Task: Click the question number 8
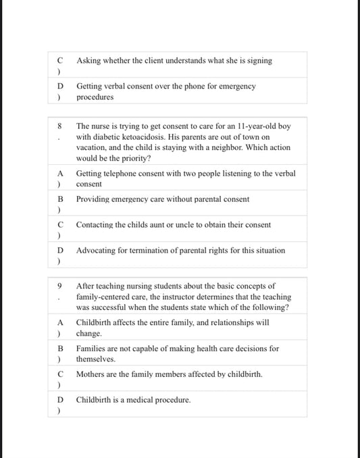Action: click(59, 126)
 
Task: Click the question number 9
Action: click(59, 286)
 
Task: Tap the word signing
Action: click(259, 61)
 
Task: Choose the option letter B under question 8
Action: click(59, 199)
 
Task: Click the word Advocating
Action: click(98, 251)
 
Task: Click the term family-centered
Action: click(105, 297)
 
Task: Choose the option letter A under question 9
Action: click(59, 323)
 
